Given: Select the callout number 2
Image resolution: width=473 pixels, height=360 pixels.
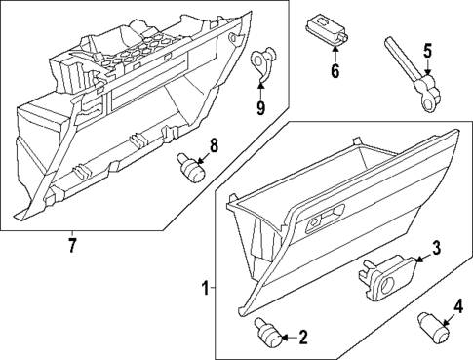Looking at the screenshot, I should [302, 338].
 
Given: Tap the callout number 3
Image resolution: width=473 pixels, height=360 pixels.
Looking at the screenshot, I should [437, 249].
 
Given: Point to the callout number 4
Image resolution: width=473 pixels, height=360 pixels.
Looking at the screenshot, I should [456, 314].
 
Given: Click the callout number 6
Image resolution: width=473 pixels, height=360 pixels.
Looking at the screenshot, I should [335, 71].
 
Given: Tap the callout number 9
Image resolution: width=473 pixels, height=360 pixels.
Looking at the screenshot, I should [261, 106].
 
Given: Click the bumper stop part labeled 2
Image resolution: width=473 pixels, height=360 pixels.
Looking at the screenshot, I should [266, 332].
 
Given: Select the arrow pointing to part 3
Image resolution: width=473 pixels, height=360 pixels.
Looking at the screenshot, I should [417, 259].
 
